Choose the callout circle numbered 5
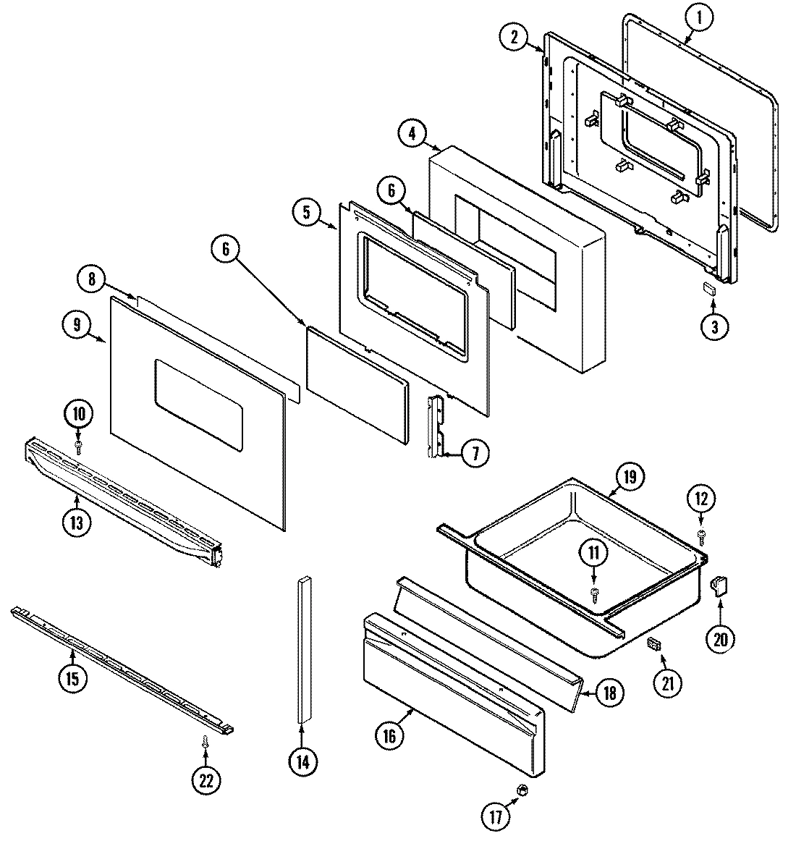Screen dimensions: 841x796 pyautogui.click(x=307, y=212)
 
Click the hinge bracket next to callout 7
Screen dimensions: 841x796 pyautogui.click(x=436, y=427)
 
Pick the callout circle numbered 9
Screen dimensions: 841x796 pyautogui.click(x=77, y=325)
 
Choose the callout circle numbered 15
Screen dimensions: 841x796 pyautogui.click(x=73, y=678)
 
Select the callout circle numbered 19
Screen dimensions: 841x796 pyautogui.click(x=629, y=477)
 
